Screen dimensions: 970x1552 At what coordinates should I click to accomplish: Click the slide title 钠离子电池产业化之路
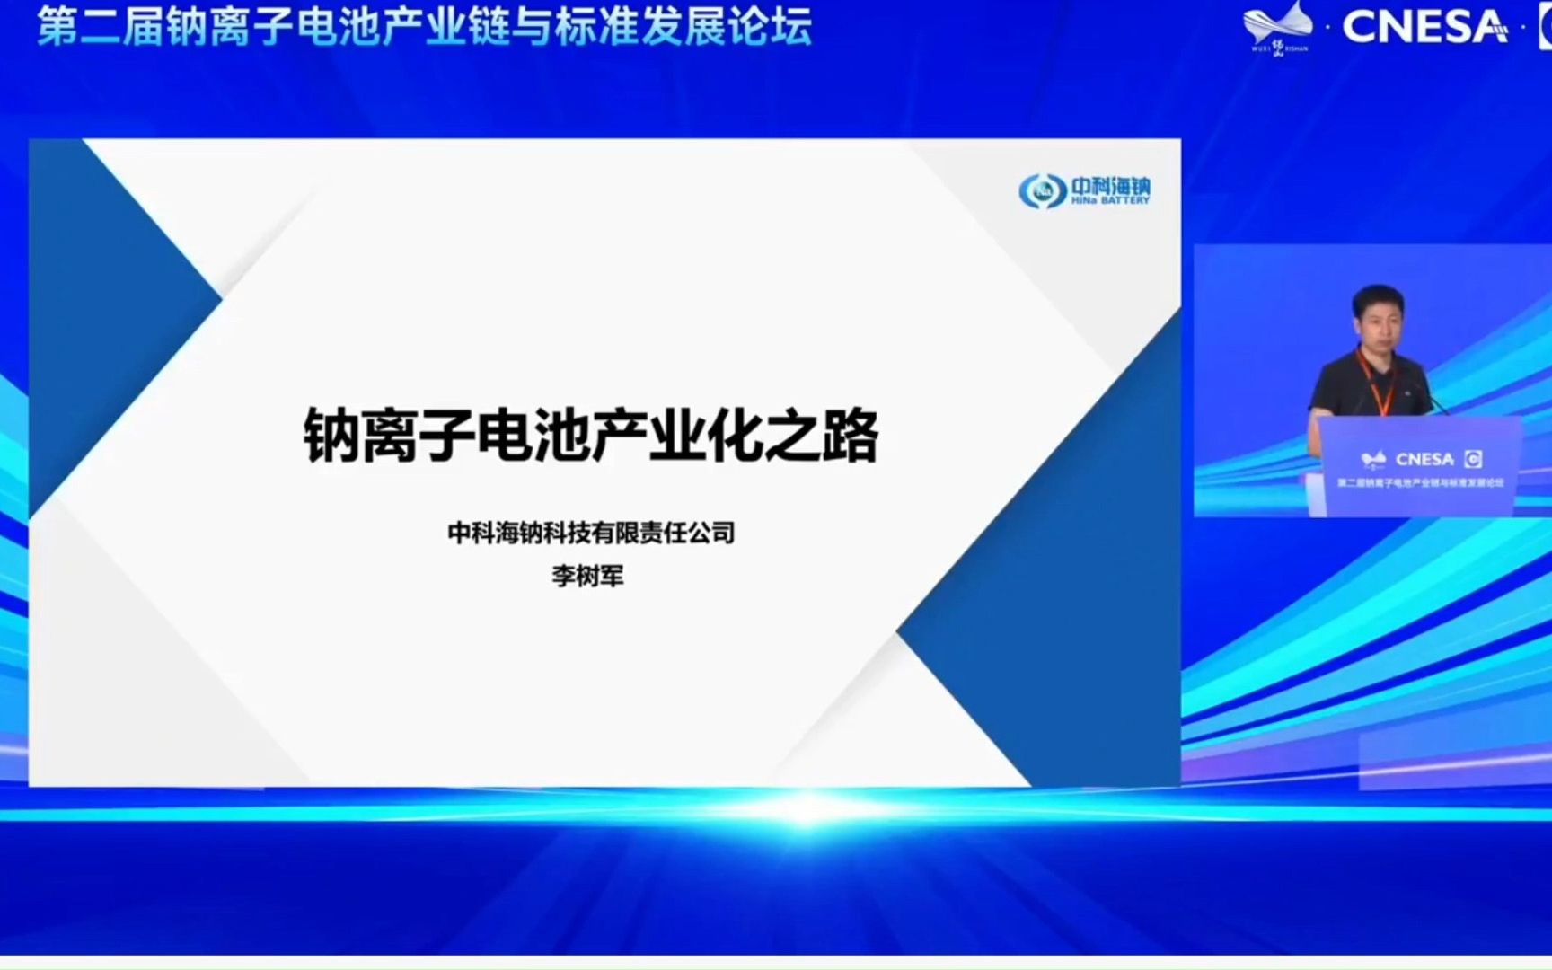591,435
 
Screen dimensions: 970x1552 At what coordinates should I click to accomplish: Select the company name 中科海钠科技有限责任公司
591,533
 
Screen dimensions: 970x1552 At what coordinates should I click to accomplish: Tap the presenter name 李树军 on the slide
587,575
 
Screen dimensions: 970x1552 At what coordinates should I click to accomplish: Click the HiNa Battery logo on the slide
1084,190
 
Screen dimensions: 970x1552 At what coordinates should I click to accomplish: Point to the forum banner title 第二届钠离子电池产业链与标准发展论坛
424,25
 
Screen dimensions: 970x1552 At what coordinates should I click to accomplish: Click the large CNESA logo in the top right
1424,27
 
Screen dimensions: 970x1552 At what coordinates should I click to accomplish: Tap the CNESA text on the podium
1424,459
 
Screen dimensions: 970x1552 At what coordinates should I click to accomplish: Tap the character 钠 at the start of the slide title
331,435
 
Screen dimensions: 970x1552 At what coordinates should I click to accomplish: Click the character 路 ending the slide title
850,435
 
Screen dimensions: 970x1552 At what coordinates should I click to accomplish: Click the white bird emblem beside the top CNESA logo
1277,23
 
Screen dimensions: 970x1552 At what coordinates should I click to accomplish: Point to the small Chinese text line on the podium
1419,483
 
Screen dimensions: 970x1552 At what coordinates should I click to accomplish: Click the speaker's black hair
1378,297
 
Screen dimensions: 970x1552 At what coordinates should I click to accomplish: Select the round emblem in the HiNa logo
1042,191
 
